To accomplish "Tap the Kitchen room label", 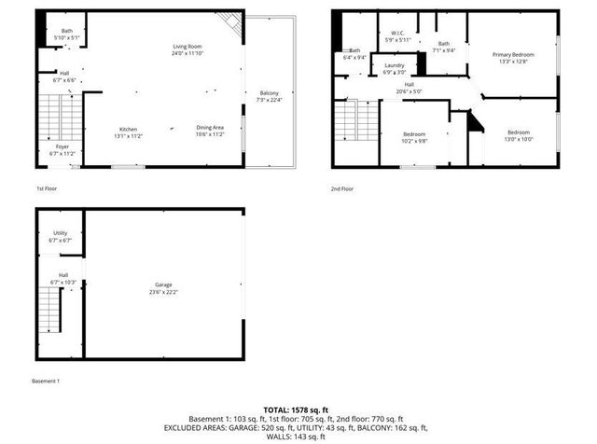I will pos(128,128).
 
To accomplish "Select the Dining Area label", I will pos(209,128).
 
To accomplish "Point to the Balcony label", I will pos(269,93).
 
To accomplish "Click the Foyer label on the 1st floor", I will pos(62,146).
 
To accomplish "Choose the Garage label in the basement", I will pos(164,284).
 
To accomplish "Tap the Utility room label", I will pos(60,233).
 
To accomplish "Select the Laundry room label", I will pos(395,65).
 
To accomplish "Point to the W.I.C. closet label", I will pos(397,35).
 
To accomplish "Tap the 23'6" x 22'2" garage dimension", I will pos(164,292).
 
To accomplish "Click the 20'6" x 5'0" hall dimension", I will pos(409,91).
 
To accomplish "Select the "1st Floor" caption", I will pos(48,188).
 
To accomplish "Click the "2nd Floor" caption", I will pos(341,188).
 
